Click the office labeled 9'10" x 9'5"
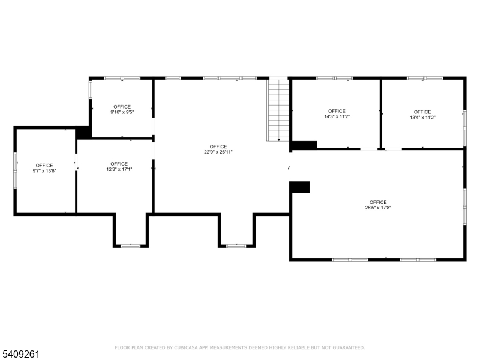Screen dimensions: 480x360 (x=122, y=109)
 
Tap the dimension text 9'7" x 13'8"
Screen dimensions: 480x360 (x=44, y=171)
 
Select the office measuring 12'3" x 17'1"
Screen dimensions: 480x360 (x=119, y=167)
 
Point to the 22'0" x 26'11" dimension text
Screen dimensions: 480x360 (x=218, y=152)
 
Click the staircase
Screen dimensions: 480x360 (x=278, y=110)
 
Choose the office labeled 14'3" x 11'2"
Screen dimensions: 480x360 (x=337, y=113)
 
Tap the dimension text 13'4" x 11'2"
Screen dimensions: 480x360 (x=422, y=117)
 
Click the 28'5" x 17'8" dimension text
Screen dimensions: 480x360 (x=378, y=208)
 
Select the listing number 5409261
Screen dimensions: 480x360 (x=20, y=354)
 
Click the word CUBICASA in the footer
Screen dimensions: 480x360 (x=186, y=347)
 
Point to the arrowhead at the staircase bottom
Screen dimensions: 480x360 (x=279, y=140)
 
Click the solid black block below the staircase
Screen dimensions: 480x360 (x=299, y=187)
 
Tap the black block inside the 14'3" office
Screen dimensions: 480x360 (x=305, y=145)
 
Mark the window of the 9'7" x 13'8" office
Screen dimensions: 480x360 (x=16, y=170)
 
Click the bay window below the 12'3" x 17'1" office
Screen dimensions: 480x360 (x=131, y=246)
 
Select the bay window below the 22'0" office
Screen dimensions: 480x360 (x=236, y=246)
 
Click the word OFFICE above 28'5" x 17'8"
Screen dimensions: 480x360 (x=378, y=202)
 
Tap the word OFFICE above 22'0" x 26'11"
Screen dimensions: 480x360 (x=218, y=146)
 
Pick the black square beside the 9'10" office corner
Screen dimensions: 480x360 (x=83, y=133)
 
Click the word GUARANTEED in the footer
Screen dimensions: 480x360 (x=349, y=347)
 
